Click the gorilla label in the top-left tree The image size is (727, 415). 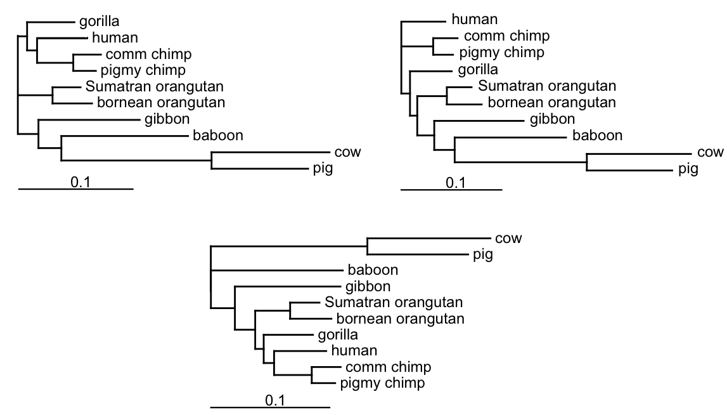click(100, 22)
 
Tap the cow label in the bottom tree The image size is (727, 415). click(508, 239)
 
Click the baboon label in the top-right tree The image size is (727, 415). click(598, 135)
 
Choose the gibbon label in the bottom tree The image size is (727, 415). click(368, 286)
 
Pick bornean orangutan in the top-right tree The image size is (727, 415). click(550, 102)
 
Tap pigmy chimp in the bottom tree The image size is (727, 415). click(382, 383)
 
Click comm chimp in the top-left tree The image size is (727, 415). click(139, 54)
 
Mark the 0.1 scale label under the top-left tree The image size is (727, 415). click(80, 183)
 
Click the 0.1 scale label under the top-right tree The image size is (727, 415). click(456, 183)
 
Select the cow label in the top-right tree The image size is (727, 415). click(710, 152)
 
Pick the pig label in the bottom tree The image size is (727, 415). click(483, 255)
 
